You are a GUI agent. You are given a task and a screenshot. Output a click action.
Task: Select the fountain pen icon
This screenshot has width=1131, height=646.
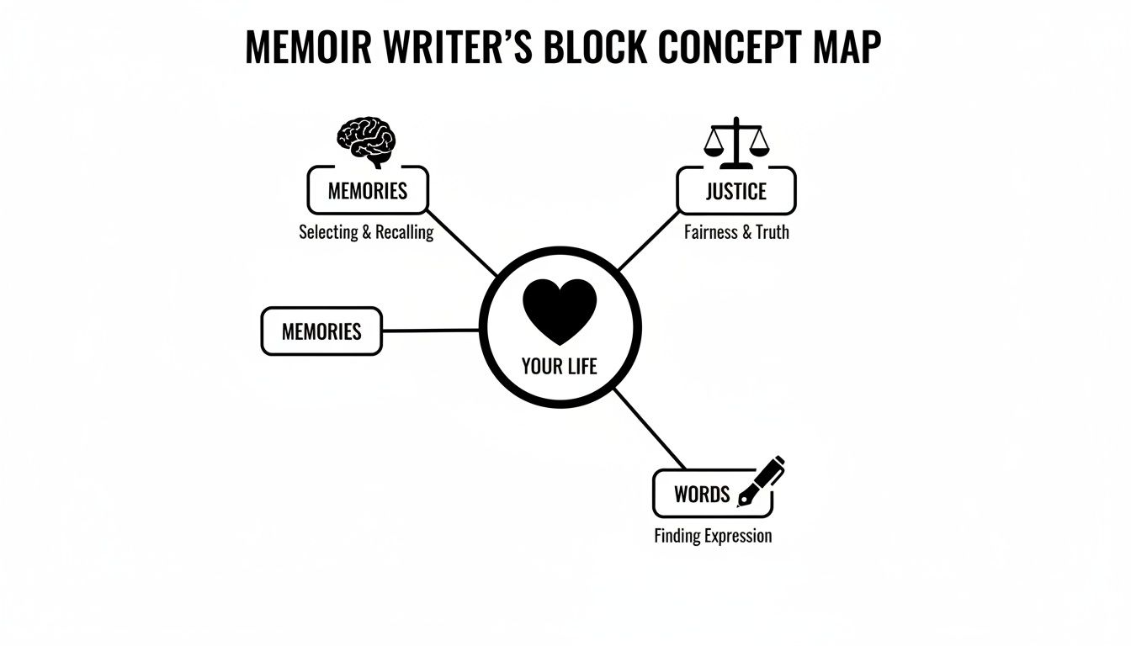760,482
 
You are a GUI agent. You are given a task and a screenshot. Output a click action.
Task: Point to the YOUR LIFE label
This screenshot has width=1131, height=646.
560,367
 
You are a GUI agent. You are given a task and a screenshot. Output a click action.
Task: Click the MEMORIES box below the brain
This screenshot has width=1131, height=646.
368,190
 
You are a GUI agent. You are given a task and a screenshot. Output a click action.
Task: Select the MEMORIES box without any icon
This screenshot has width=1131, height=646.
321,331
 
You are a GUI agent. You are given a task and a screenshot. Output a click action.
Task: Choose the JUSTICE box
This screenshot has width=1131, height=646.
735,191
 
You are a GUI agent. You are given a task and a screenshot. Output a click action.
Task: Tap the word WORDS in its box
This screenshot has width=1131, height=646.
702,494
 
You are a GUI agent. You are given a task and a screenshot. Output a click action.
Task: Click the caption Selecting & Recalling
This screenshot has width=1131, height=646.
366,232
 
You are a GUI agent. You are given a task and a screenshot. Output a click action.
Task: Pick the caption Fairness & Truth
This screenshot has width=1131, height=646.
736,232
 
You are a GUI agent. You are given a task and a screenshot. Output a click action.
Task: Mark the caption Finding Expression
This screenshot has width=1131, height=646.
713,536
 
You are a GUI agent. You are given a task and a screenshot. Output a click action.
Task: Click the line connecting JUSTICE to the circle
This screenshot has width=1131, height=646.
648,242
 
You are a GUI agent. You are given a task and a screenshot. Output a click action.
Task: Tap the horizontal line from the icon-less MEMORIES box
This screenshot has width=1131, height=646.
431,331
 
